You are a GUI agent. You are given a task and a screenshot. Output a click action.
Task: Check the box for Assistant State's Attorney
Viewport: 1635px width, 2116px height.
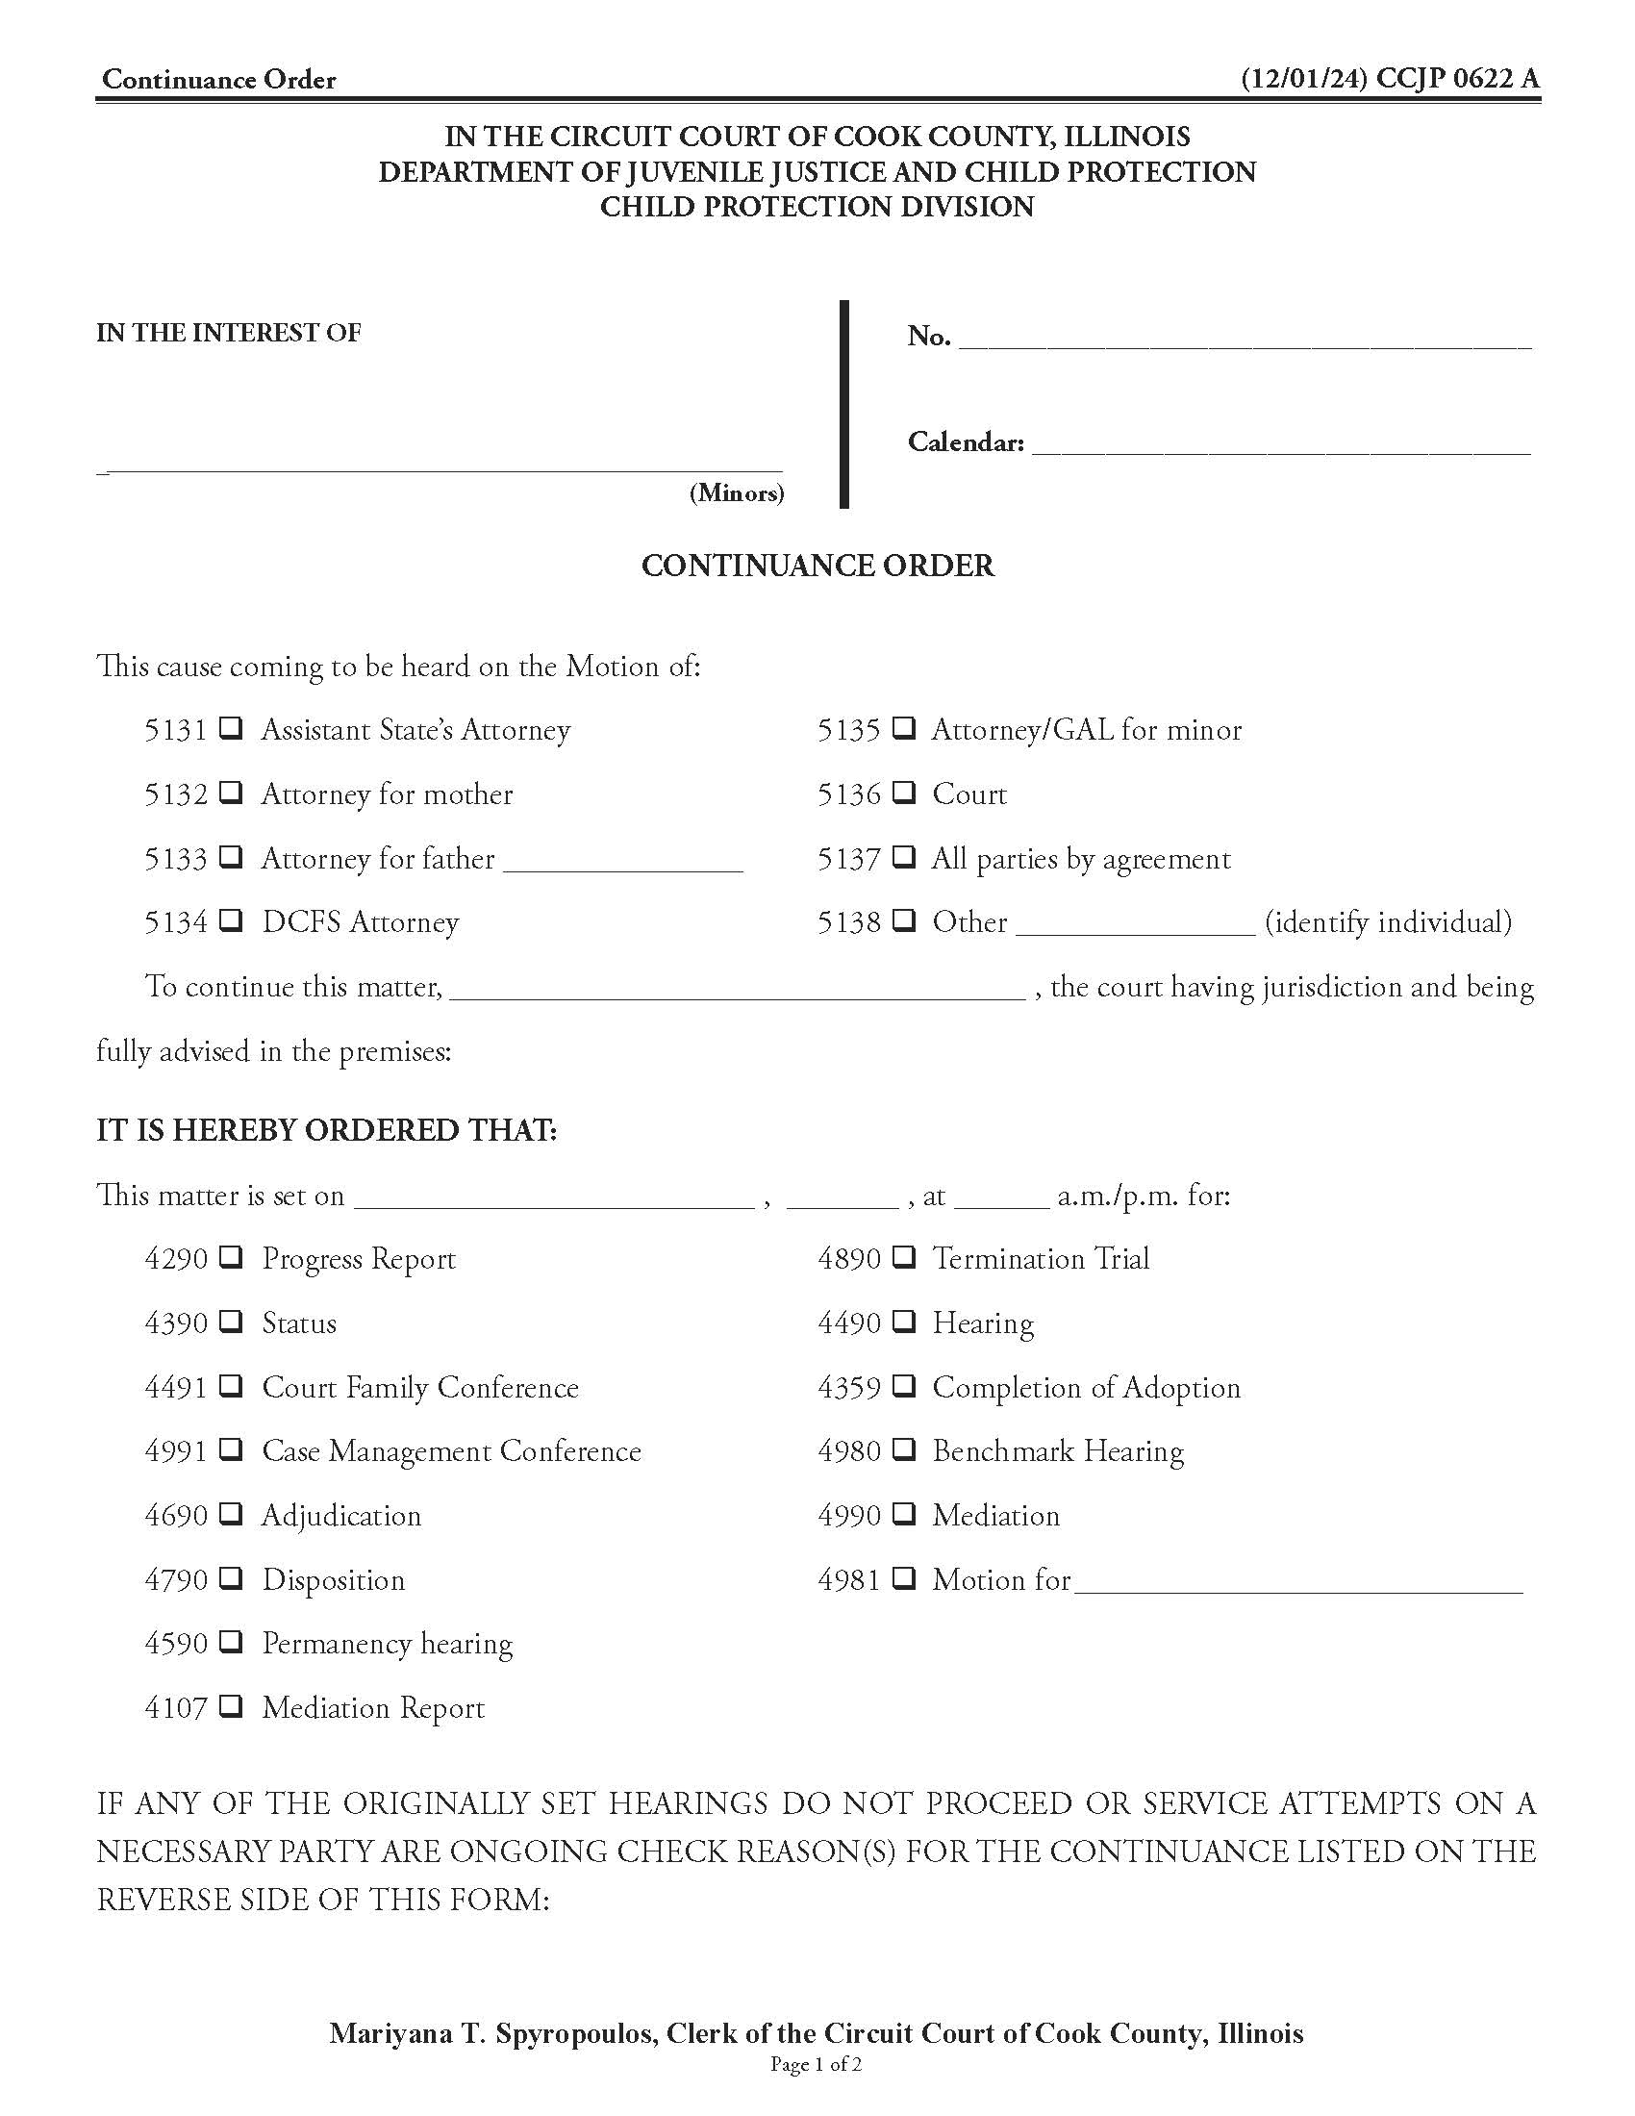(x=231, y=728)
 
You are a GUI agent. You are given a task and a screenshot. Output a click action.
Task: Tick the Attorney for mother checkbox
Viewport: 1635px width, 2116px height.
(x=231, y=793)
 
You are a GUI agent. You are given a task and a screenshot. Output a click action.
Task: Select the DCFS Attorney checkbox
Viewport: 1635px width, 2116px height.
(x=231, y=920)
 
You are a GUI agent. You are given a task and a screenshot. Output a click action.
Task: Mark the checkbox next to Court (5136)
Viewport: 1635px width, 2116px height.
(x=903, y=793)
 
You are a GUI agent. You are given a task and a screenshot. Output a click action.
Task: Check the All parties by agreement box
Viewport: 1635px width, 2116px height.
(x=903, y=856)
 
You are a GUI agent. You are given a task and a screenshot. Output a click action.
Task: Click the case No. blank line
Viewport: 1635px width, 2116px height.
(x=1245, y=340)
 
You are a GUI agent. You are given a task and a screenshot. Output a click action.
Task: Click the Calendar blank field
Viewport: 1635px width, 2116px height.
(x=1280, y=445)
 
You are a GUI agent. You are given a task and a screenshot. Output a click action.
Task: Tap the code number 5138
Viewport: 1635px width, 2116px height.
(x=848, y=922)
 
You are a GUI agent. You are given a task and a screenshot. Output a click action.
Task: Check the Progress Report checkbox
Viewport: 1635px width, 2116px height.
(x=231, y=1258)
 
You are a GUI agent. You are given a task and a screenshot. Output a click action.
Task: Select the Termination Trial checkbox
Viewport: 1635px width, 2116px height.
(x=903, y=1258)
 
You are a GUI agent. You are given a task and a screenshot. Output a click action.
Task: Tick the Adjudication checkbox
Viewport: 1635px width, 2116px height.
(x=231, y=1513)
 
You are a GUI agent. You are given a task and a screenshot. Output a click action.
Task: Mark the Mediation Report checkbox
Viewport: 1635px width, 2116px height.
(x=231, y=1706)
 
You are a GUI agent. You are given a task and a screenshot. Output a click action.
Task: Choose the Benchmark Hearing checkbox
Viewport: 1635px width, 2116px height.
(x=903, y=1449)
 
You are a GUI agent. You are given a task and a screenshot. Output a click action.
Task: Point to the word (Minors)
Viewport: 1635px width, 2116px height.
(x=736, y=493)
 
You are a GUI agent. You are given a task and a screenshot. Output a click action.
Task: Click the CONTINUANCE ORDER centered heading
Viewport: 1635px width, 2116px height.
(x=817, y=566)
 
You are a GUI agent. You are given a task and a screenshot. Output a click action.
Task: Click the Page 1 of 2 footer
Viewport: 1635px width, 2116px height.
(x=816, y=2064)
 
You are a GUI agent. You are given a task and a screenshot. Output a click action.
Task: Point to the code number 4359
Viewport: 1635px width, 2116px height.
(x=848, y=1387)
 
